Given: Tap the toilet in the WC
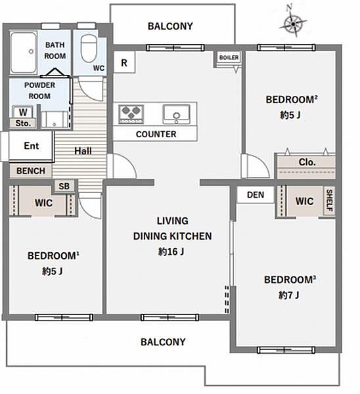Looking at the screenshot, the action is [x=89, y=48].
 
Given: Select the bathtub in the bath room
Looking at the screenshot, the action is [x=24, y=53].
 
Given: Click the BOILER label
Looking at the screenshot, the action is [x=229, y=58].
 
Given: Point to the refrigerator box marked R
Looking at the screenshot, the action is [x=124, y=62].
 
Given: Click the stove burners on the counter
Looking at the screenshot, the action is [x=131, y=114].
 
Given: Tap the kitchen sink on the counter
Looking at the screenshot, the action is [x=176, y=114].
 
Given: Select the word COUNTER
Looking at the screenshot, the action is [x=156, y=134].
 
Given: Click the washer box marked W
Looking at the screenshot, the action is [x=22, y=112].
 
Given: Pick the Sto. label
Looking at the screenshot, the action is [x=23, y=123].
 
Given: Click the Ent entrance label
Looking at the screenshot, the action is [x=32, y=146].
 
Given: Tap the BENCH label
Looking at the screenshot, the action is [x=31, y=171].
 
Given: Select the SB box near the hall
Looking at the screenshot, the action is [x=64, y=186].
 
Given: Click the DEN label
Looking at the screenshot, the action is [x=256, y=195].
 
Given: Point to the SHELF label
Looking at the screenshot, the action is [x=329, y=200].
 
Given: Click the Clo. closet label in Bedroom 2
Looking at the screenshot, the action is [x=307, y=162].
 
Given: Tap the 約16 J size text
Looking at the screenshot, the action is [x=171, y=252].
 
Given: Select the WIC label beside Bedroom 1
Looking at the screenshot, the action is [x=44, y=203].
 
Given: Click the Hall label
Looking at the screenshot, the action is [x=83, y=151].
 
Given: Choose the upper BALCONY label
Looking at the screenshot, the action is [x=170, y=26].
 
